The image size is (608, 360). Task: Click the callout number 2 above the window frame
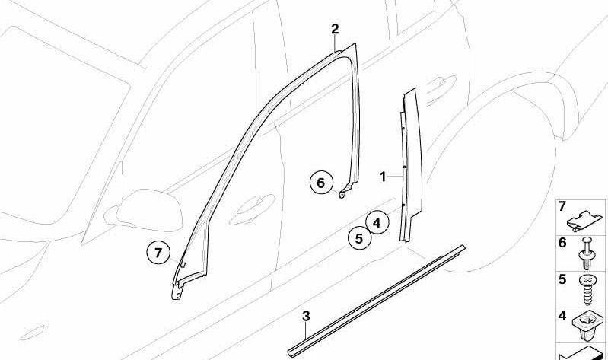click(335, 29)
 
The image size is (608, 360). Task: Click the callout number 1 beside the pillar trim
click(383, 177)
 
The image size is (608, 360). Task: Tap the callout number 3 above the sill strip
click(306, 316)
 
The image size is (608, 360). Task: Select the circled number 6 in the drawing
click(321, 183)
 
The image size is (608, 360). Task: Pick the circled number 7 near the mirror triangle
click(158, 253)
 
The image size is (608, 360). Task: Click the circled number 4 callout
click(377, 223)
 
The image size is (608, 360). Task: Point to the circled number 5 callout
click(359, 238)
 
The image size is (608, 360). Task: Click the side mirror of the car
click(149, 210)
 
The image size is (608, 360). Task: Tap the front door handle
click(251, 210)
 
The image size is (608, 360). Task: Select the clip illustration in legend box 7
click(584, 221)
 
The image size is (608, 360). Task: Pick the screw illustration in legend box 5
click(586, 289)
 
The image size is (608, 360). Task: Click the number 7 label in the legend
click(562, 206)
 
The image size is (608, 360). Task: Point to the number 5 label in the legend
click(562, 279)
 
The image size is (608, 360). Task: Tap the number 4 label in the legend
click(562, 316)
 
